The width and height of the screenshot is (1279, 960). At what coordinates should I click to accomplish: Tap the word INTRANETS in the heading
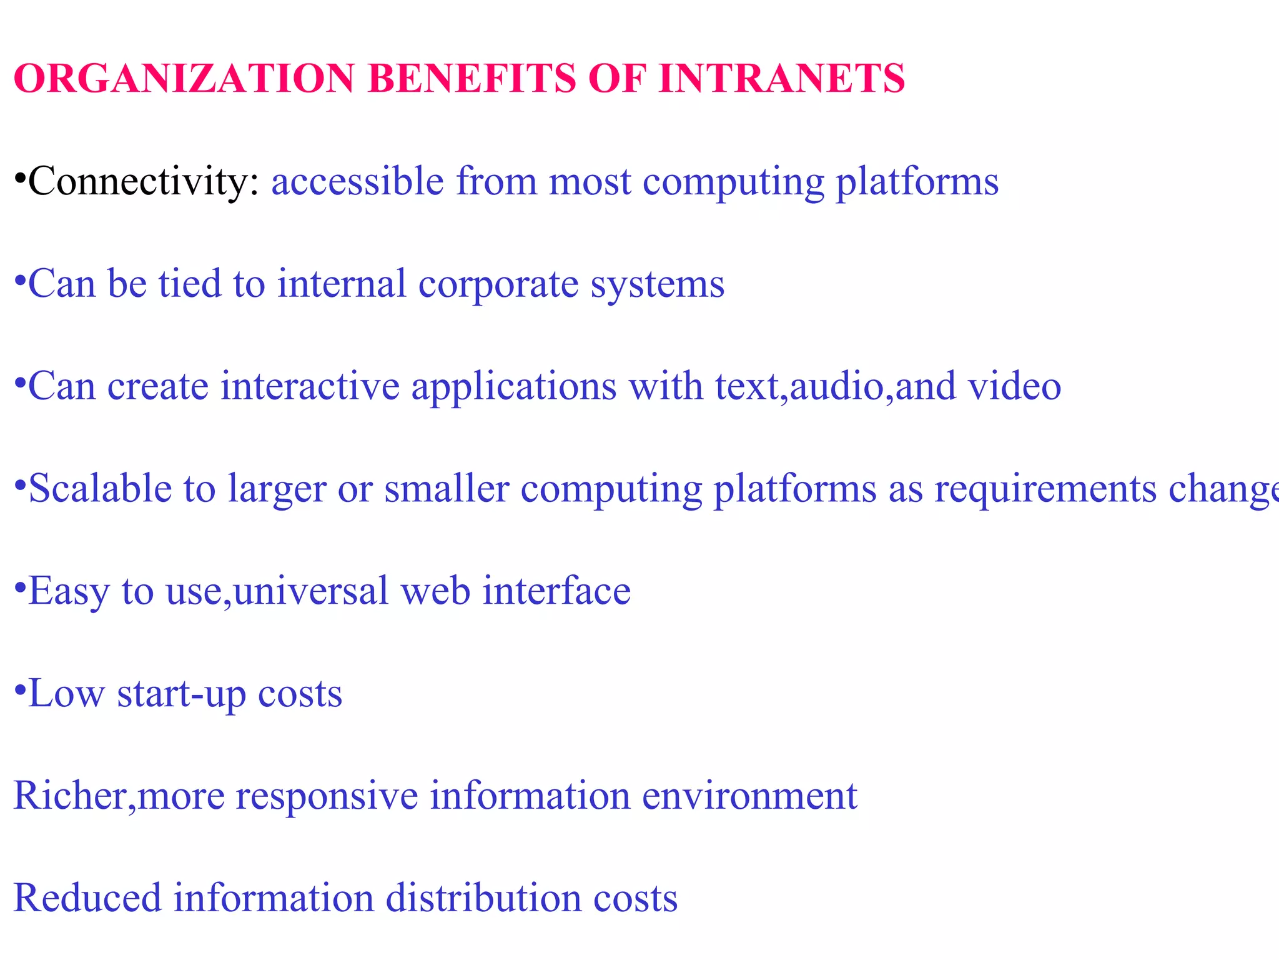click(781, 79)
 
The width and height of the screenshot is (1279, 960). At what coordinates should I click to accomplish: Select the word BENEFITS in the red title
click(472, 79)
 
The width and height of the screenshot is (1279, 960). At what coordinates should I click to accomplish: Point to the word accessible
click(357, 182)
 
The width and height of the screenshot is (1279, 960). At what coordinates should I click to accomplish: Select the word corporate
click(498, 284)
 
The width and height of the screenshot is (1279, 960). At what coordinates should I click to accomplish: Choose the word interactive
click(310, 386)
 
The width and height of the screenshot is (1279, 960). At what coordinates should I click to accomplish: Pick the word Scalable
click(100, 489)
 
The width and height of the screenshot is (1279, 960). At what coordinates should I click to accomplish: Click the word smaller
click(447, 489)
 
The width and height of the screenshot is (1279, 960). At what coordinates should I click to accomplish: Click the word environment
click(749, 796)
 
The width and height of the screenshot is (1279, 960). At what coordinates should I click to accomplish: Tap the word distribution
click(483, 899)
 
